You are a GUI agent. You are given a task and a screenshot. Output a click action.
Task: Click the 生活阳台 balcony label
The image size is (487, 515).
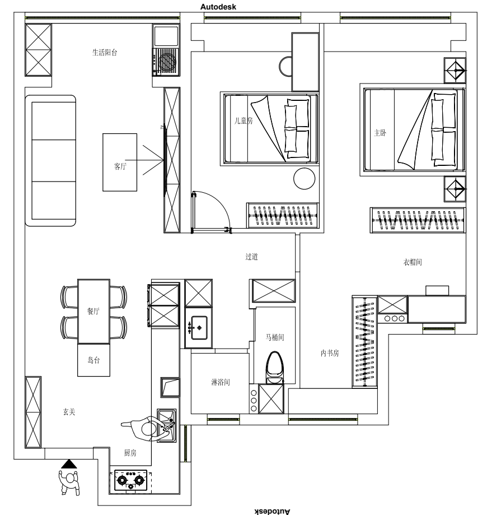105,53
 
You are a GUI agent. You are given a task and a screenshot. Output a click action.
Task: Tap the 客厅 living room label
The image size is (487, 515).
120,166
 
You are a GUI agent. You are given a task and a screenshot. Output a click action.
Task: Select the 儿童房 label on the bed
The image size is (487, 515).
243,121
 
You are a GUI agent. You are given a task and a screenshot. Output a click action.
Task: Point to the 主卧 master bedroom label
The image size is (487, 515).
380,133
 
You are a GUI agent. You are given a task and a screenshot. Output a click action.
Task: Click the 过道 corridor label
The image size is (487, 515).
252,257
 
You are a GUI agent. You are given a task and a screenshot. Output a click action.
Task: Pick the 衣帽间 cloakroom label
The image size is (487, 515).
413,262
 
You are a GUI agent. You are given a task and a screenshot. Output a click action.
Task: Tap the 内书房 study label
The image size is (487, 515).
330,353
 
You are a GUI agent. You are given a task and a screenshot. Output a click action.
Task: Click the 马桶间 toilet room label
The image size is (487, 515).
275,337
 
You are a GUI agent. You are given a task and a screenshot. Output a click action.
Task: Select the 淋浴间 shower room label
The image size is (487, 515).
221,382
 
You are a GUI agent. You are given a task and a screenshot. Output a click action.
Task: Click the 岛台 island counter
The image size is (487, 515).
93,360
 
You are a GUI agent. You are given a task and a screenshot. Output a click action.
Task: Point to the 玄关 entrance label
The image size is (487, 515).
69,412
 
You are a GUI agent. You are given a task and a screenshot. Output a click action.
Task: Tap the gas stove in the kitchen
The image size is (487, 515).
131,481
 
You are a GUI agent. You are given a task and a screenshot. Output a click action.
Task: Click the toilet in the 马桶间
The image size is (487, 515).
274,368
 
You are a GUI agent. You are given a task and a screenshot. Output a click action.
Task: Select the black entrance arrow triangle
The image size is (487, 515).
69,464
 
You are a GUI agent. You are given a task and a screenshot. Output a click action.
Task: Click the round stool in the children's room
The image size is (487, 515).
304,179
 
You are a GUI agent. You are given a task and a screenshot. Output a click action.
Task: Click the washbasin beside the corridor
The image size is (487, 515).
199,327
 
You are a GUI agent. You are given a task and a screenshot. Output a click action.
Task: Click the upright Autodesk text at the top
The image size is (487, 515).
218,7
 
